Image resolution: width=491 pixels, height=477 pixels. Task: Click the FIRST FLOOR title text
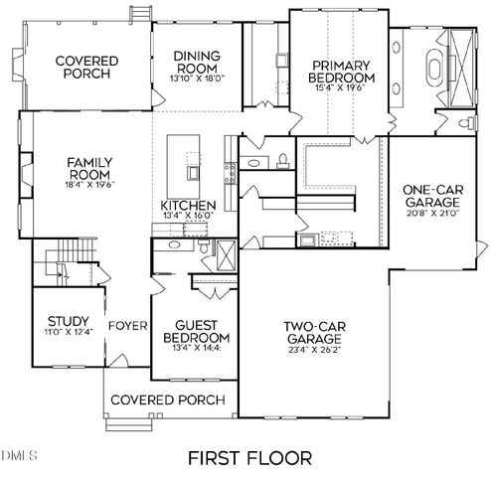click(249, 458)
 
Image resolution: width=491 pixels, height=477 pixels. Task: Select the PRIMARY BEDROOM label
click(338, 72)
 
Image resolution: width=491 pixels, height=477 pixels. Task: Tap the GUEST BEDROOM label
click(196, 331)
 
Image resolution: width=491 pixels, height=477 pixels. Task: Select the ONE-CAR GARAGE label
click(429, 197)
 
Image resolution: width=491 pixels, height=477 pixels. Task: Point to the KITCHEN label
click(188, 207)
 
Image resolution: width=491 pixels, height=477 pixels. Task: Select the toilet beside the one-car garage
click(467, 123)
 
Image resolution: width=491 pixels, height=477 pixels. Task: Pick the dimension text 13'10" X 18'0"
click(197, 79)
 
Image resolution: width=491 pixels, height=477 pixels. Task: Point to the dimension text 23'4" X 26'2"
click(310, 350)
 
